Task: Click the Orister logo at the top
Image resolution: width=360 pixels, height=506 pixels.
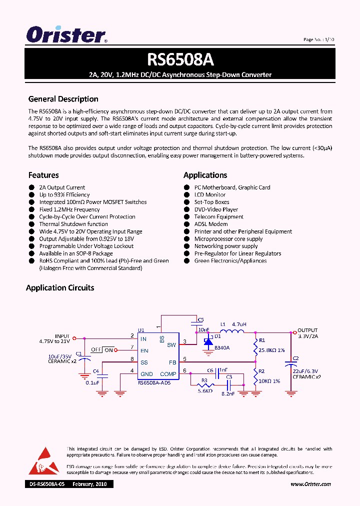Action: (66, 35)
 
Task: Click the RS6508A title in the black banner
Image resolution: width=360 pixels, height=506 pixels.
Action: (180, 59)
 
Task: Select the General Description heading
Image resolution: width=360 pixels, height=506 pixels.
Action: (63, 99)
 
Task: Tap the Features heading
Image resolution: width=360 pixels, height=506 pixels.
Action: (43, 175)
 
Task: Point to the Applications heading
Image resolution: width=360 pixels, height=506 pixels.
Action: (205, 175)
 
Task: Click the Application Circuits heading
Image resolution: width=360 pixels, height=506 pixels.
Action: (60, 287)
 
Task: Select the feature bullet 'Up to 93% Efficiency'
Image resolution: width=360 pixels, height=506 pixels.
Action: (64, 195)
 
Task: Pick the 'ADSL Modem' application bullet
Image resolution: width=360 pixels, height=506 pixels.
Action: (210, 224)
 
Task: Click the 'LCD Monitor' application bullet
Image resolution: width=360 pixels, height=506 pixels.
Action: (209, 195)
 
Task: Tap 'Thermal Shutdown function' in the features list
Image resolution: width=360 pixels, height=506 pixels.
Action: (73, 224)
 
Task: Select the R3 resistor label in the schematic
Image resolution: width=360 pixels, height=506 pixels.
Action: (204, 380)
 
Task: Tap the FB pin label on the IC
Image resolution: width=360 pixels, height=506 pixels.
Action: (172, 362)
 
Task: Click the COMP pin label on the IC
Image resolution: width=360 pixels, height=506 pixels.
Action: (168, 374)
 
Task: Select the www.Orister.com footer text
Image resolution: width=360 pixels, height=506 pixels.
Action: (310, 484)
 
